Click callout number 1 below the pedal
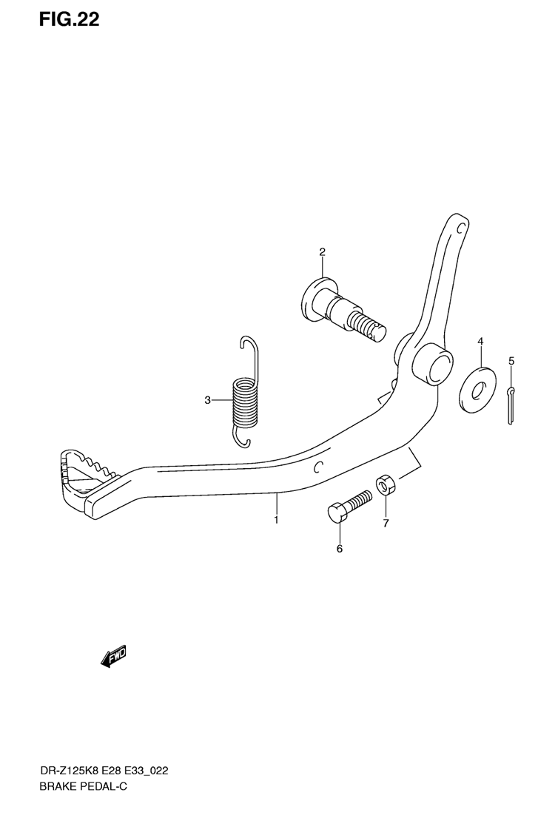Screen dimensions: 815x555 pos(276,521)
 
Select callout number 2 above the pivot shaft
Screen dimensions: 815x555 pos(323,252)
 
